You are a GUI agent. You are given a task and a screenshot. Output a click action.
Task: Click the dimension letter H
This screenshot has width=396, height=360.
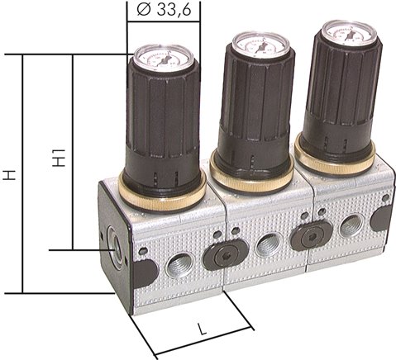tap(9, 175)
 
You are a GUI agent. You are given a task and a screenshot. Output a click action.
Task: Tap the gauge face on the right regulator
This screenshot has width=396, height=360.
tap(348, 32)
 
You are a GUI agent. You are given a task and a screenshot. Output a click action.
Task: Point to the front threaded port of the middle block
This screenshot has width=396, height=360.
tap(267, 245)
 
